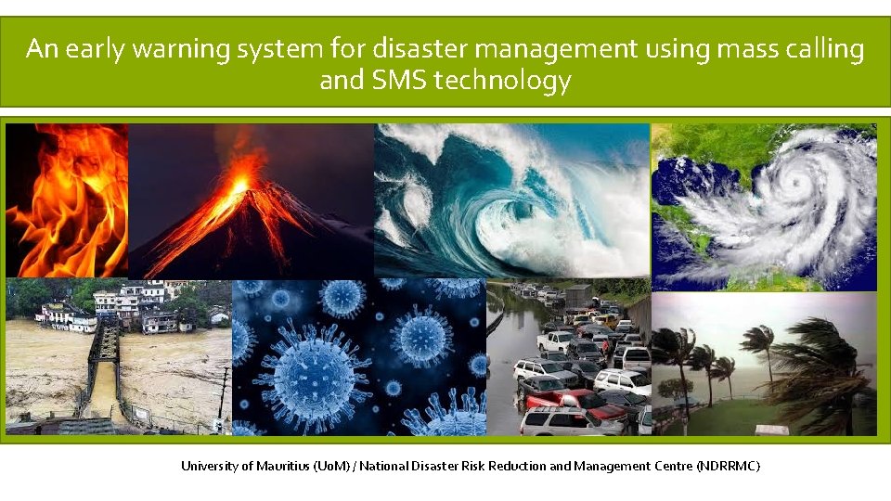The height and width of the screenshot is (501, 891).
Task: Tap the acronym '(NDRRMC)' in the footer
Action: (x=728, y=466)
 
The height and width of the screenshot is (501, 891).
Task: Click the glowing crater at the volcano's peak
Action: (x=239, y=186)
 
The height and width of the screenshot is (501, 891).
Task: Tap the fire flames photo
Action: (x=65, y=199)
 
